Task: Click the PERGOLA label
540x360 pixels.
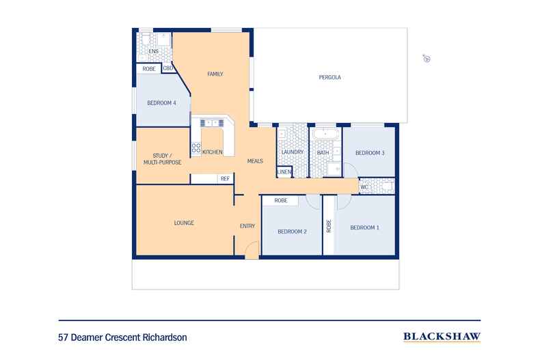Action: click(329, 77)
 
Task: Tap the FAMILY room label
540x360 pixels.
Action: click(215, 74)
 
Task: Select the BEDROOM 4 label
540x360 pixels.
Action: click(161, 103)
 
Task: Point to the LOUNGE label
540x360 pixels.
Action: click(184, 223)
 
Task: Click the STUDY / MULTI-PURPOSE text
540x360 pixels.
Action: click(162, 159)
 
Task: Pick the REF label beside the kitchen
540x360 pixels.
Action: click(225, 178)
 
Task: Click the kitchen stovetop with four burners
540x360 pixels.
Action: click(196, 148)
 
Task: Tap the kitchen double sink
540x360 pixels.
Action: click(212, 123)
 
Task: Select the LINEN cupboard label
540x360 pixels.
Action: click(284, 171)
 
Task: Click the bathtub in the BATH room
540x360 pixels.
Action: click(325, 133)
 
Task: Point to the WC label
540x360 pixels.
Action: click(364, 187)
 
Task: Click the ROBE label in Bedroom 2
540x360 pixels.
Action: click(281, 200)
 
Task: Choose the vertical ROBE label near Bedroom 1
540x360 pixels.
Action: click(329, 226)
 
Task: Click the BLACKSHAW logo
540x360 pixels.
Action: click(442, 336)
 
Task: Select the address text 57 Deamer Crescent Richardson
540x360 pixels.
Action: click(122, 337)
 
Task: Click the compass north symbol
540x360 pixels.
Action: click(427, 59)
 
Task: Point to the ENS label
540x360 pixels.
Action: click(154, 51)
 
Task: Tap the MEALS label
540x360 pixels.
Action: click(255, 161)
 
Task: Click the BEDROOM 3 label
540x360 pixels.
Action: click(370, 153)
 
